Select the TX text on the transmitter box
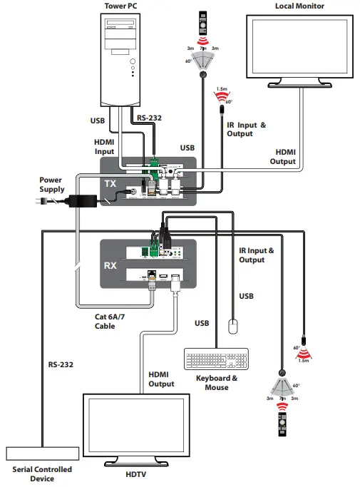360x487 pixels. click(110, 183)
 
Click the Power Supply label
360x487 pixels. click(51, 185)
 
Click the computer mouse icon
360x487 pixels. click(233, 327)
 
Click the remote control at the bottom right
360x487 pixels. click(283, 424)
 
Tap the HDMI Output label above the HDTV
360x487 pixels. click(161, 379)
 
